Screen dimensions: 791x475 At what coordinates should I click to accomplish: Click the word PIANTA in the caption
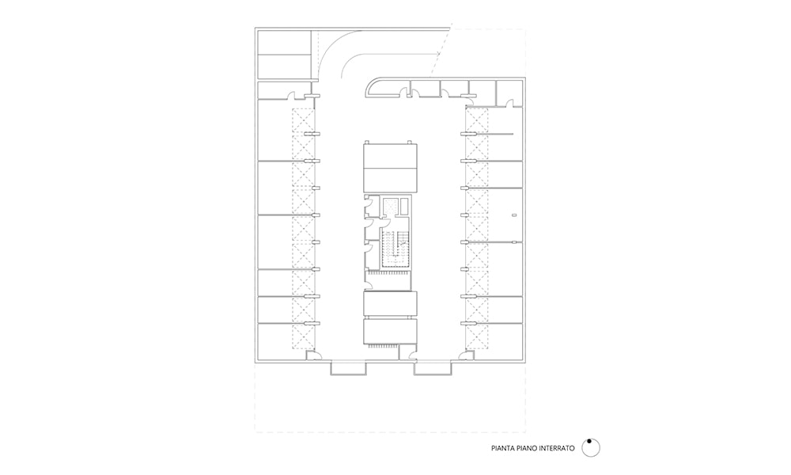pos(502,448)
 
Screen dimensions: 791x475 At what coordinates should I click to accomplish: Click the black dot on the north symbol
pos(589,441)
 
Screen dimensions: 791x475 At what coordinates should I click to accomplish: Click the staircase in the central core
pos(395,249)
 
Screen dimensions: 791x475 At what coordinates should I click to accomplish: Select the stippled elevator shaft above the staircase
pos(390,206)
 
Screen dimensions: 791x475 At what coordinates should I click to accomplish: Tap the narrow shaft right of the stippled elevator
pos(404,206)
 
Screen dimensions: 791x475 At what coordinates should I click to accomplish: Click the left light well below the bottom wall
pos(349,368)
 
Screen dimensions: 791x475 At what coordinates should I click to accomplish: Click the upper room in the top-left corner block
pos(284,43)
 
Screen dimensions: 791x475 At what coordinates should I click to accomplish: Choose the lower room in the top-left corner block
pos(284,66)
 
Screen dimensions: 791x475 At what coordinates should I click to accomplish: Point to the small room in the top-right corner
pos(509,93)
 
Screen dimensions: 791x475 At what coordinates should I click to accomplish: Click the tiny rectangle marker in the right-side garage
pos(514,215)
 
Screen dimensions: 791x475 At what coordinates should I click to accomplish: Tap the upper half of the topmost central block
pos(391,155)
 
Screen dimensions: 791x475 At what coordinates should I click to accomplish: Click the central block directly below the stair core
pos(391,303)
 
